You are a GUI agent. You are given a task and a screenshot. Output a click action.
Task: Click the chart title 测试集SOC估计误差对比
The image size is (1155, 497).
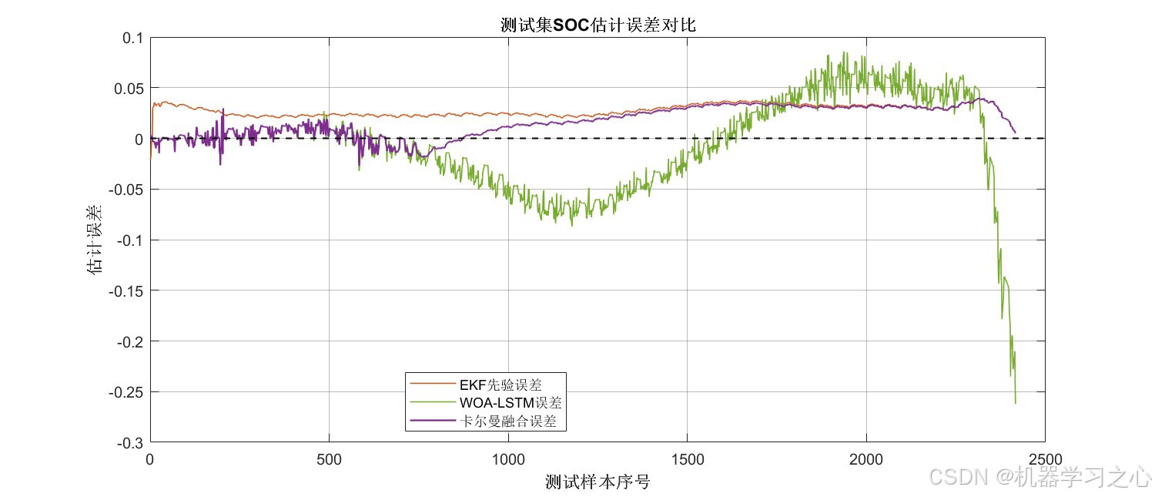pyautogui.click(x=598, y=25)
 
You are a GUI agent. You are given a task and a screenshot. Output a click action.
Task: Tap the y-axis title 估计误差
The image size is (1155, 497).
pyautogui.click(x=95, y=240)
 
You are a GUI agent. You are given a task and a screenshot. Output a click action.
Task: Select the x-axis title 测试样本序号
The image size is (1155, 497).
pyautogui.click(x=598, y=482)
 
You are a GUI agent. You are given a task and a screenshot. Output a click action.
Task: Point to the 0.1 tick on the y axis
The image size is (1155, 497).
pyautogui.click(x=133, y=38)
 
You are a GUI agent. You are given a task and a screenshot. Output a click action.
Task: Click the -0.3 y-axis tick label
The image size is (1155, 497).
pyautogui.click(x=130, y=443)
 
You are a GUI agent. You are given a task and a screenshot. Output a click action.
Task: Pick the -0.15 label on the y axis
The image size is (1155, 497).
pyautogui.click(x=126, y=291)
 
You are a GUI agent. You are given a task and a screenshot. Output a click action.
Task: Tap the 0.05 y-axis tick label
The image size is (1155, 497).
pyautogui.click(x=129, y=89)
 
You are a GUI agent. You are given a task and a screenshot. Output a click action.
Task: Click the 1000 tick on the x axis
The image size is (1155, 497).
pyautogui.click(x=508, y=459)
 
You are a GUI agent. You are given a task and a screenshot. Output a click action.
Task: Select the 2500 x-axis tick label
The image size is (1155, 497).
pyautogui.click(x=1045, y=459)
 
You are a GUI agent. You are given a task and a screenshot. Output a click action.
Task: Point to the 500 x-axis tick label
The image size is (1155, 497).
pyautogui.click(x=329, y=459)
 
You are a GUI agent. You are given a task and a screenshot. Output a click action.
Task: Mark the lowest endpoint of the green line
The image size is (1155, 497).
pyautogui.click(x=1016, y=403)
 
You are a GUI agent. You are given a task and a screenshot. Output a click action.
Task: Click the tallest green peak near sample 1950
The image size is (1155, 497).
pyautogui.click(x=844, y=52)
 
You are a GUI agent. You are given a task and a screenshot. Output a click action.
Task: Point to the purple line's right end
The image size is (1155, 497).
pyautogui.click(x=1015, y=133)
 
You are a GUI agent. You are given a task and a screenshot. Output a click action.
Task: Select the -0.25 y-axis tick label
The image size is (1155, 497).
pyautogui.click(x=126, y=392)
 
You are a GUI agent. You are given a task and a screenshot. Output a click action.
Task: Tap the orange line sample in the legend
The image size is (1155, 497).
pyautogui.click(x=433, y=384)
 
